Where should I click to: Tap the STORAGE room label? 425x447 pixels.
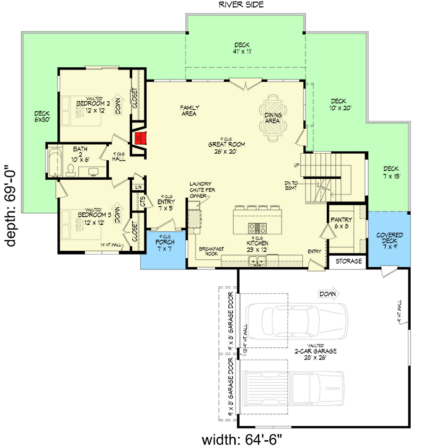(348, 261)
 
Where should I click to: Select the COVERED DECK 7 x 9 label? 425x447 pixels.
(389, 238)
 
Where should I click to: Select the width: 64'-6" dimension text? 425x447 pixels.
(241, 439)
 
